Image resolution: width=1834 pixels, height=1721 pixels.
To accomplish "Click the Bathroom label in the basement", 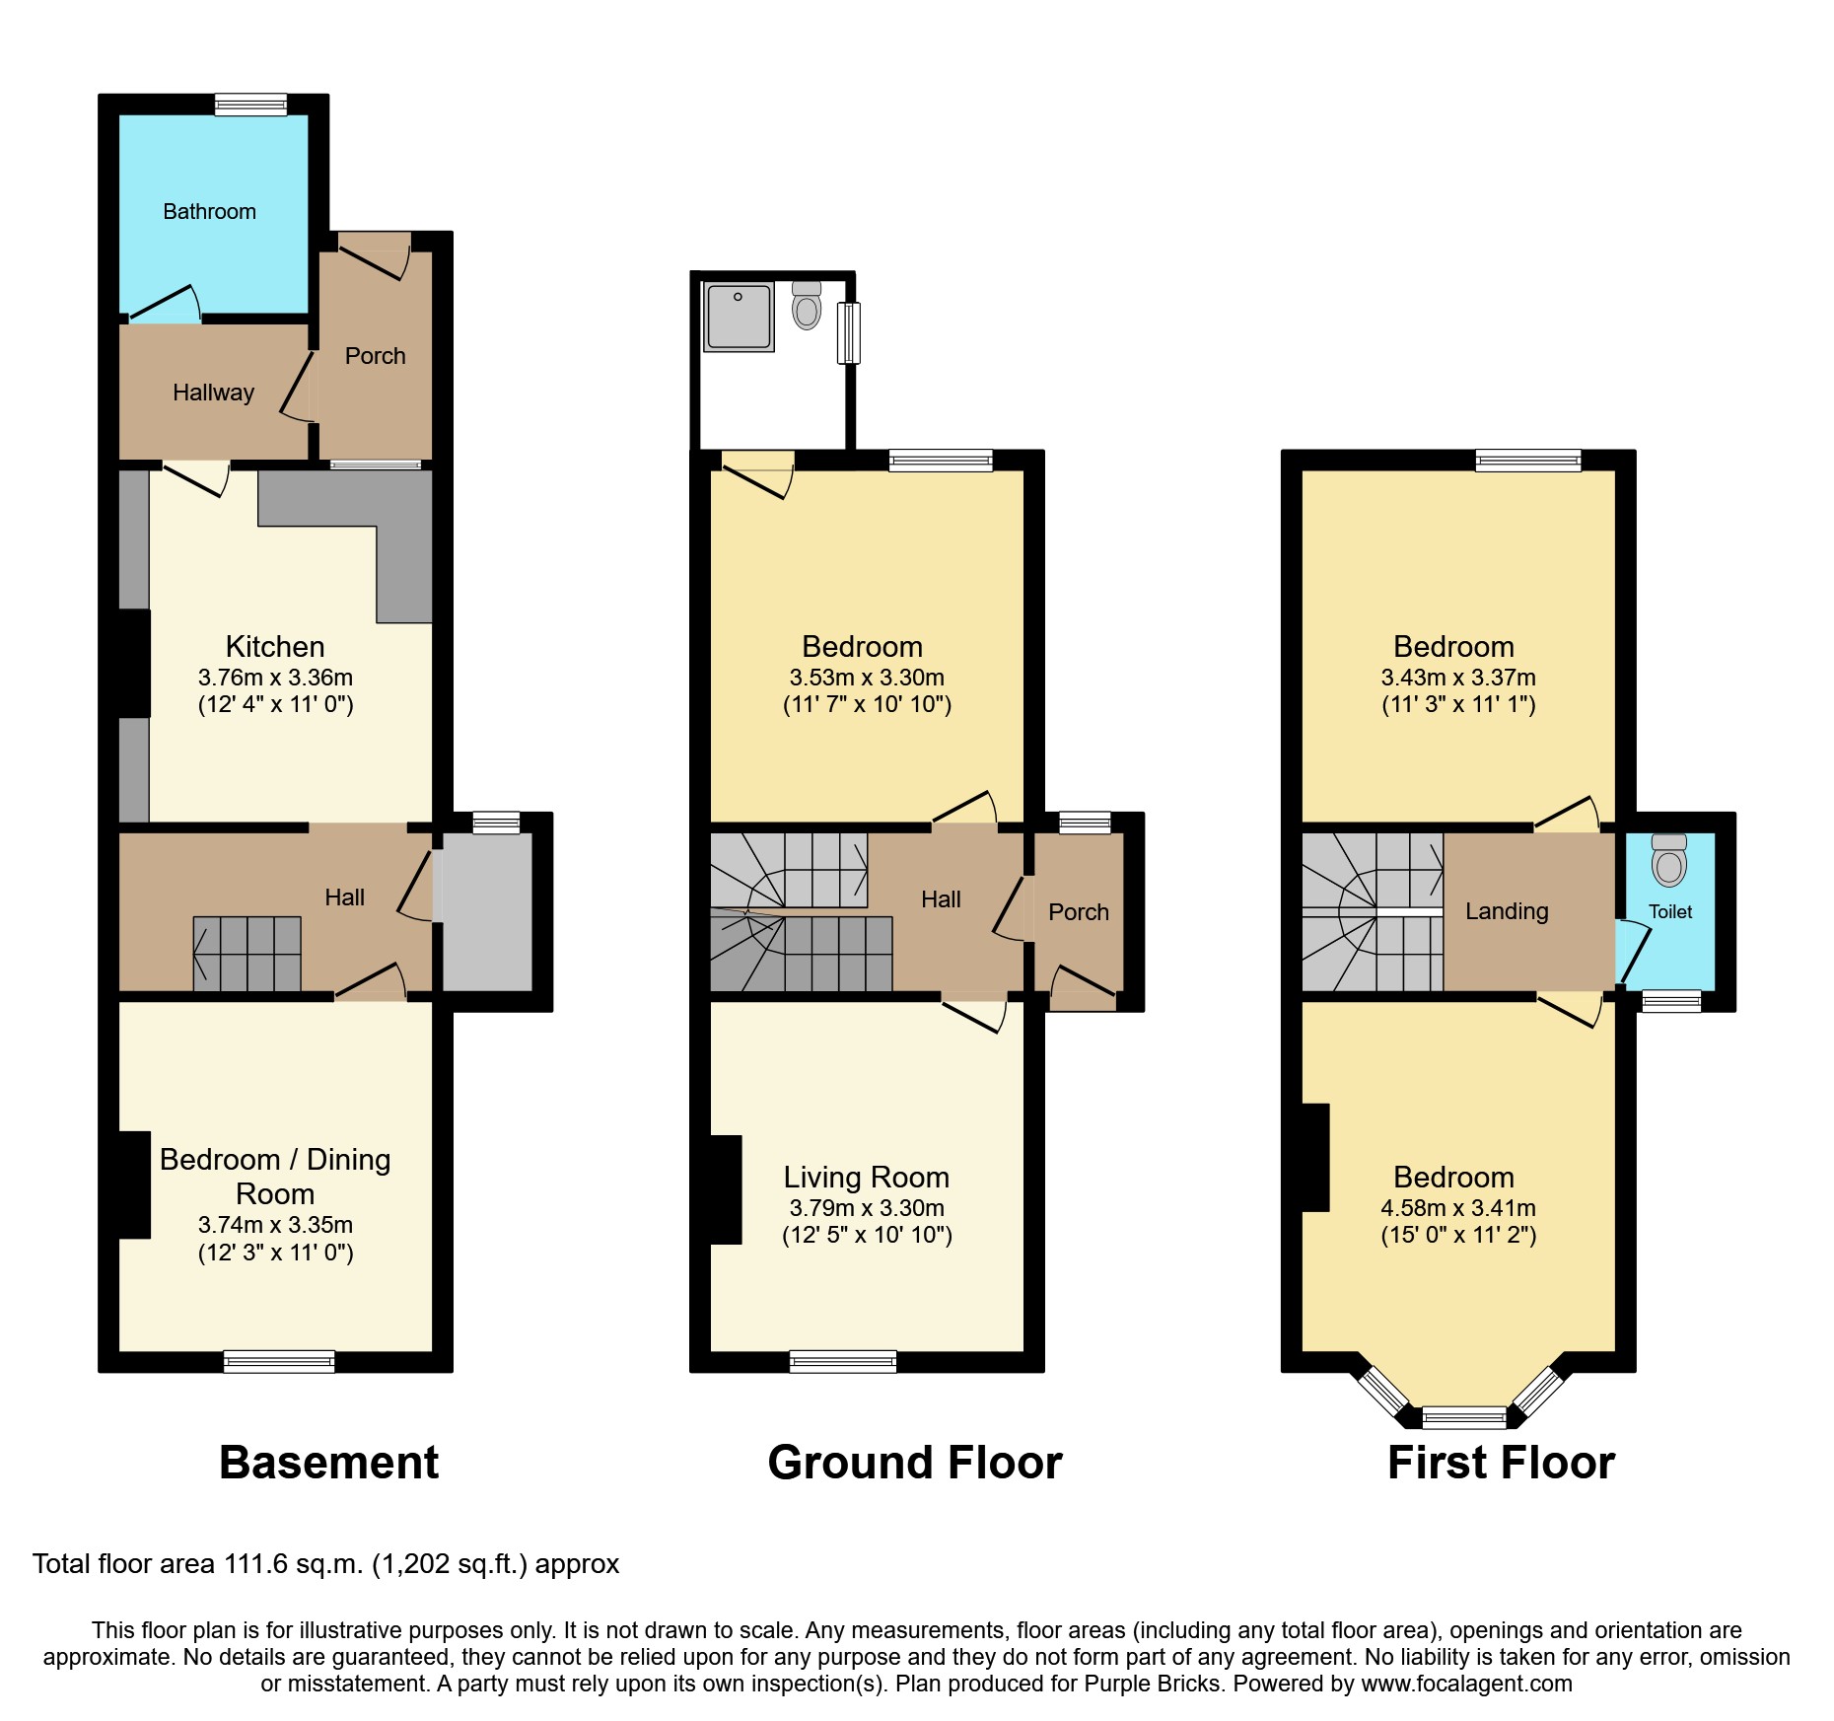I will point(209,211).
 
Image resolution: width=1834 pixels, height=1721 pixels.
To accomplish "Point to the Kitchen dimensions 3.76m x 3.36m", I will point(275,678).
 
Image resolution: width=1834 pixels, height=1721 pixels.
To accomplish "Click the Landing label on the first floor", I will point(1507,911).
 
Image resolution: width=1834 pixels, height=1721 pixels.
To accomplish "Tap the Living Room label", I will point(866,1177).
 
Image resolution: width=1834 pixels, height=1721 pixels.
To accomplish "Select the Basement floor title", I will point(328,1462).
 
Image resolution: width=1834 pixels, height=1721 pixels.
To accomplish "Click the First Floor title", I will point(1501,1462).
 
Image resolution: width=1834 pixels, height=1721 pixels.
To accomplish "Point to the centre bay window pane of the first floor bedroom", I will point(1465,1418).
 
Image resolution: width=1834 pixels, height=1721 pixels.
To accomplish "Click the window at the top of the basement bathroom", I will point(251,105).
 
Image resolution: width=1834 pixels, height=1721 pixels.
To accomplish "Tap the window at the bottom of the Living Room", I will point(843,1362).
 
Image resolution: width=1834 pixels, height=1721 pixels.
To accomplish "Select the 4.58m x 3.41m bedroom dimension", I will point(1458,1208).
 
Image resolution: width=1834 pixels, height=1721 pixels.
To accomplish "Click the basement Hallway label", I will point(213,393).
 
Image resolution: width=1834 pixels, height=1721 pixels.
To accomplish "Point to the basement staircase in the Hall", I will point(247,954).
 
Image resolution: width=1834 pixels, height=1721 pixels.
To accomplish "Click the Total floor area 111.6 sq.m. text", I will point(325,1564).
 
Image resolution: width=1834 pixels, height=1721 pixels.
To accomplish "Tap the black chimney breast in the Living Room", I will point(726,1189).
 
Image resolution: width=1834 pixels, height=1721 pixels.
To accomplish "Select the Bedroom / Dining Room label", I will point(275,1176).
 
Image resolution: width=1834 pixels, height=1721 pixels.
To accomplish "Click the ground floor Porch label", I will point(1078,912).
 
